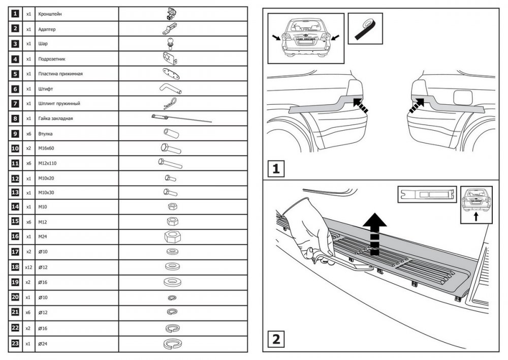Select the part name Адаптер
(47, 29)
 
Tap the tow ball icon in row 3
(170, 43)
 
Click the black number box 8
(15, 118)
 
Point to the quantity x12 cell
(28, 266)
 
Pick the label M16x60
(46, 148)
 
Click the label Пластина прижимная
(60, 74)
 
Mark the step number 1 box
(276, 169)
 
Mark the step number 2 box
(276, 338)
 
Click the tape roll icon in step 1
(365, 31)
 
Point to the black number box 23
(15, 344)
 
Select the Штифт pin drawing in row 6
(170, 88)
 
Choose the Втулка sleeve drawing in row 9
(170, 133)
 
